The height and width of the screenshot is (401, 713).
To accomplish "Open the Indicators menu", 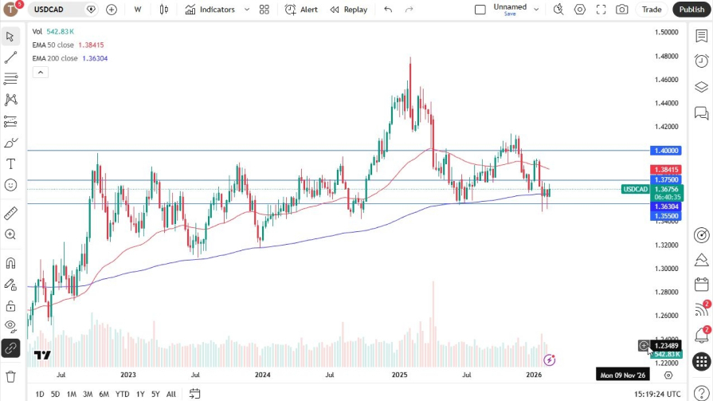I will (x=210, y=10).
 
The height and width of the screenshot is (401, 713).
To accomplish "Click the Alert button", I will (x=301, y=10).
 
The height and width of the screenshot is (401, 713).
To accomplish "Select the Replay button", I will (x=349, y=10).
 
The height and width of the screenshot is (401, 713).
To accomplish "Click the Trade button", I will (x=652, y=10).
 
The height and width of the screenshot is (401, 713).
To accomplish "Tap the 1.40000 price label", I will (x=666, y=150).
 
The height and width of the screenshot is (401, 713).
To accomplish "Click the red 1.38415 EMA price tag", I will (x=666, y=170).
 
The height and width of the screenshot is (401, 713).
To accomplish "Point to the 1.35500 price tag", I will (x=666, y=215).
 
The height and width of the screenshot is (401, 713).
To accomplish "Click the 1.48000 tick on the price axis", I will (x=666, y=56).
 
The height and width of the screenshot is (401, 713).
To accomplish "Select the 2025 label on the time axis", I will (x=399, y=374).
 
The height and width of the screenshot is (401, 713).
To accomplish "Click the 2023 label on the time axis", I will (x=128, y=374).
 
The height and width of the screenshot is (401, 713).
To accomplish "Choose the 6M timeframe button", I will (x=104, y=394).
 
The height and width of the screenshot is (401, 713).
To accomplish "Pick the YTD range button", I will (x=122, y=394).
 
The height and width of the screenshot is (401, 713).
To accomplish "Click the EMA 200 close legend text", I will (x=55, y=58).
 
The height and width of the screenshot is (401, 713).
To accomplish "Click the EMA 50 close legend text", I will (x=55, y=45).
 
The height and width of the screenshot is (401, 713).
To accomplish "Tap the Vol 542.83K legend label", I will (x=53, y=32).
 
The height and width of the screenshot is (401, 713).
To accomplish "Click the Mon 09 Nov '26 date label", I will (x=624, y=374).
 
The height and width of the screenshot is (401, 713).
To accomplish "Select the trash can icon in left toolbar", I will (x=10, y=376).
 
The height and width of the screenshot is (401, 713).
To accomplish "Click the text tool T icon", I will (x=10, y=163).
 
